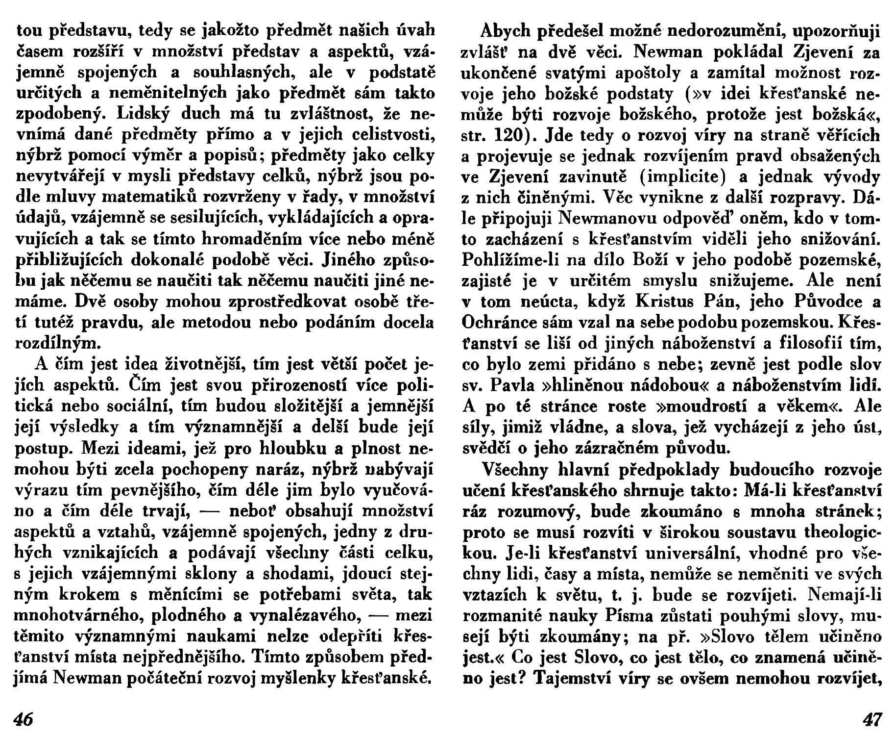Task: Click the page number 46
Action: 23,720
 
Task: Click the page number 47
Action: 872,720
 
